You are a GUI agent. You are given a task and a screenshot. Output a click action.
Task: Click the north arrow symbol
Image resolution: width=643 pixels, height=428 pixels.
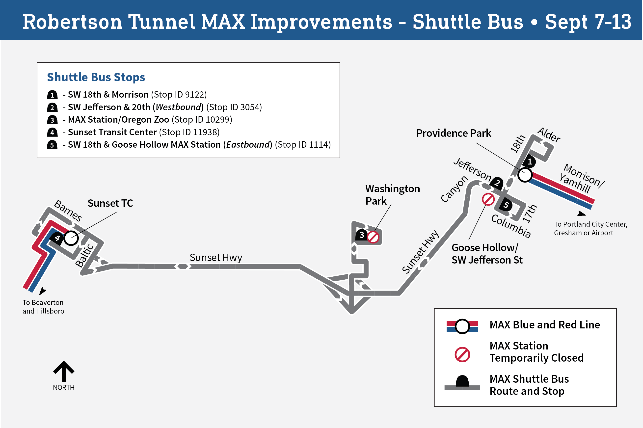(x=64, y=371)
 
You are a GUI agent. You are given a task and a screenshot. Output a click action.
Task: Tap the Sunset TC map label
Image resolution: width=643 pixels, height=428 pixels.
(x=110, y=203)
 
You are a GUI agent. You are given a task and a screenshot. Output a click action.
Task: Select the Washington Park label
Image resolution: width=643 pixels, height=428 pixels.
(x=392, y=195)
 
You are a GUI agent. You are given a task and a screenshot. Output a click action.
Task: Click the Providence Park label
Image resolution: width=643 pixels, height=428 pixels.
(x=454, y=133)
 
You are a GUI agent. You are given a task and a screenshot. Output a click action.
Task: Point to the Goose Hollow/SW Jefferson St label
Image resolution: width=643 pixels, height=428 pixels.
(x=487, y=254)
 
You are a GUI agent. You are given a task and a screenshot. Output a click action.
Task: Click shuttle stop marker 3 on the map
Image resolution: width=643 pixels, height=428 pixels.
(x=361, y=235)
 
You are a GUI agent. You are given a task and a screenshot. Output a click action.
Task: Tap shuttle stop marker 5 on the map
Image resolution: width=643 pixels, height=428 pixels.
(x=506, y=205)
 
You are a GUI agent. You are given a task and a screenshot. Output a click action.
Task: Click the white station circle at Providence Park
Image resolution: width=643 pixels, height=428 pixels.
(x=525, y=175)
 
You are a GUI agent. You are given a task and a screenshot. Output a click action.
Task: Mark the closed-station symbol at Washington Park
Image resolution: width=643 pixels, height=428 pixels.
(x=373, y=237)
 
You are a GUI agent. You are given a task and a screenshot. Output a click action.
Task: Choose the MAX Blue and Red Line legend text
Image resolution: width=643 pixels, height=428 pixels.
(x=545, y=325)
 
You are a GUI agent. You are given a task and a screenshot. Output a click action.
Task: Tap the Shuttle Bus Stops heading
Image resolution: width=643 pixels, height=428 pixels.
(x=96, y=77)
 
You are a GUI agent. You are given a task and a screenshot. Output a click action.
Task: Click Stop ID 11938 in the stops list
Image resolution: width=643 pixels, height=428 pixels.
(x=191, y=132)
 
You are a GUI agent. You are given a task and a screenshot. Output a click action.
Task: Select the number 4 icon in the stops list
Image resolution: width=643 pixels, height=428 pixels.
(x=52, y=132)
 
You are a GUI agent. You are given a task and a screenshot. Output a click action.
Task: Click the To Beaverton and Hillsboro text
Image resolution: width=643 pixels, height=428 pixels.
(x=43, y=307)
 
